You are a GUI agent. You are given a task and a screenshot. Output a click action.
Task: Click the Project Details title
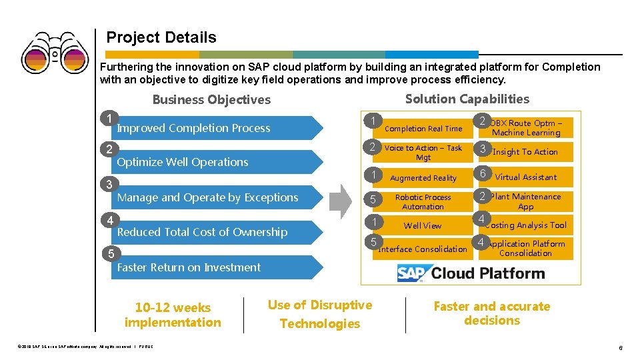(161, 37)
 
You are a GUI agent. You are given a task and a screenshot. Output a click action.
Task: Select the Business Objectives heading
(211, 100)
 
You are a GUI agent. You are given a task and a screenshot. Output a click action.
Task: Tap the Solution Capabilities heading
(467, 99)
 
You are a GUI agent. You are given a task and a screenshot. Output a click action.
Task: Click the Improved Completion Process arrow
(213, 128)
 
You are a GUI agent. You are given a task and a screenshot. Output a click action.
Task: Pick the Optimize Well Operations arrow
(213, 162)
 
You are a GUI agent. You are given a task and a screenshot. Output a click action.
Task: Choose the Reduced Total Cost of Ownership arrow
(213, 232)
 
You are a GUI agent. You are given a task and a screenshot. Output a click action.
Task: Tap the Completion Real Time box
(423, 129)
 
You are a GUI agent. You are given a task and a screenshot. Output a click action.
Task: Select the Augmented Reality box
(423, 178)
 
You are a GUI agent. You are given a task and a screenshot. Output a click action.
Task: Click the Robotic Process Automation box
(423, 202)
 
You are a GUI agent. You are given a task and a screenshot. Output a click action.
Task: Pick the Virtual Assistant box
(526, 177)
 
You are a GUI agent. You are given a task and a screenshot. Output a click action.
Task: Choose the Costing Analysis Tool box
(526, 225)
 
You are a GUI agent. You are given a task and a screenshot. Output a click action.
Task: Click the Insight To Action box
(526, 152)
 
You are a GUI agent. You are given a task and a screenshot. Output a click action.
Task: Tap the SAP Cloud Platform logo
(471, 273)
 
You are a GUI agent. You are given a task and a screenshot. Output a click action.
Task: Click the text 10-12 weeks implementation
(173, 315)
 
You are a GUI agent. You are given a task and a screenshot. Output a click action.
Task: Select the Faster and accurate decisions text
(492, 313)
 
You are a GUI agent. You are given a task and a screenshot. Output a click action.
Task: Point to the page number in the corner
(620, 348)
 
